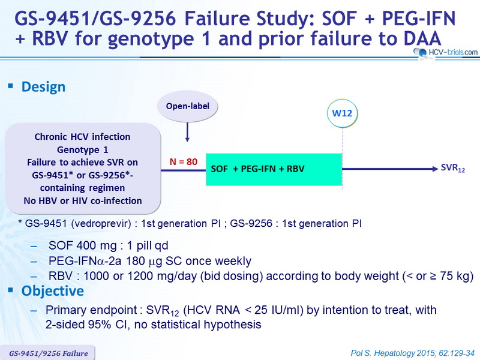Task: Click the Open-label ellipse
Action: [187, 106]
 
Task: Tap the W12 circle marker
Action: [342, 113]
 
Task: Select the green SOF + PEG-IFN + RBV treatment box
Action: [274, 169]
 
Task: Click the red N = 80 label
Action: [184, 161]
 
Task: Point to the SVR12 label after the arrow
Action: [453, 169]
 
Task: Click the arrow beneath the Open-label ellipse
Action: [187, 132]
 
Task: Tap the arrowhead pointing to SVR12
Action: [435, 169]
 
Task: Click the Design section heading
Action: [43, 87]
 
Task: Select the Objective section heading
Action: [53, 291]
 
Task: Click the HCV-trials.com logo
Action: [445, 53]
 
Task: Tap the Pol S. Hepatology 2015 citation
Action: [413, 353]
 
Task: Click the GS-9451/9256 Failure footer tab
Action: [48, 353]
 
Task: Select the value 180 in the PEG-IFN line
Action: [136, 261]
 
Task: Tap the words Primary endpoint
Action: [91, 310]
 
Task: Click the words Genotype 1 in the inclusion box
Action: [83, 149]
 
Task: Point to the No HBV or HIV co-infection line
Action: [83, 201]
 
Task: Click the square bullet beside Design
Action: [11, 86]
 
